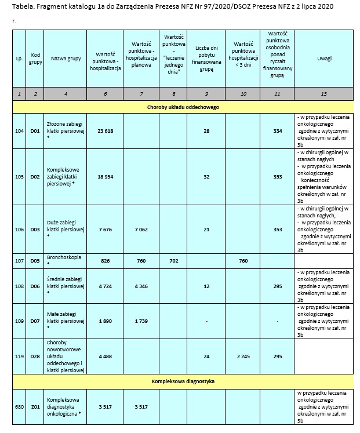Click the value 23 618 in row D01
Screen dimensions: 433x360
coord(105,131)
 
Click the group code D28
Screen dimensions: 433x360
coord(35,356)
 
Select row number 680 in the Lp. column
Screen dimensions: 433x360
coord(19,407)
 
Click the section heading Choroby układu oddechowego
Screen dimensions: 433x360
coord(183,107)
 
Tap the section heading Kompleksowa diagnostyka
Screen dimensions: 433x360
coord(183,381)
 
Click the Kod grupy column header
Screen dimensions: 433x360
coord(35,59)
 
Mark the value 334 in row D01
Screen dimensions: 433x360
coord(278,131)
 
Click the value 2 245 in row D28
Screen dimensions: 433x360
coord(243,356)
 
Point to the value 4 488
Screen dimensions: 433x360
coord(105,356)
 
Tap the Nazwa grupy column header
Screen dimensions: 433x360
coord(65,59)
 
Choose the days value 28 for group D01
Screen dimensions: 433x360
coord(206,131)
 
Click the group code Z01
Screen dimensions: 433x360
coord(35,407)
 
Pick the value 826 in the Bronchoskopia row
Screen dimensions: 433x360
coord(105,261)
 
